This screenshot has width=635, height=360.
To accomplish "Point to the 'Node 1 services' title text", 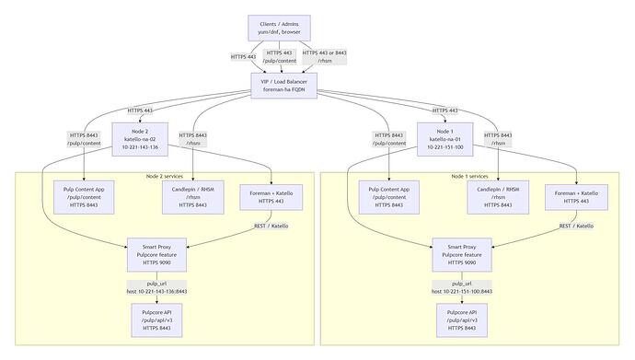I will [471, 176].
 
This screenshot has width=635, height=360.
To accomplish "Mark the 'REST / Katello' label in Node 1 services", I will [578, 226].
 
